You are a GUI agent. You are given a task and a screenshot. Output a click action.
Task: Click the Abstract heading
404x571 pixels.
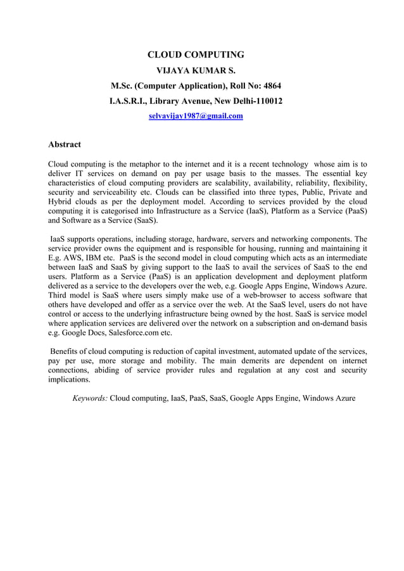(x=65, y=144)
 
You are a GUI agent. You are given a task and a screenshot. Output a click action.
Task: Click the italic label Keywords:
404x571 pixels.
(x=90, y=398)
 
